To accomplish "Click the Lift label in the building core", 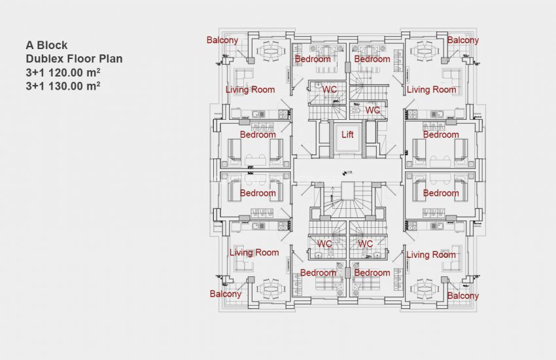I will [x=348, y=135].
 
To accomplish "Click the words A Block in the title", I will [x=46, y=46].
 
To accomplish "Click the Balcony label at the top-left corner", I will [x=222, y=40].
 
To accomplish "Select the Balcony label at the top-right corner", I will [x=463, y=40].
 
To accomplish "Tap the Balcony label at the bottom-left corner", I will [x=225, y=294].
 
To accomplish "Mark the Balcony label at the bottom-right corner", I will [x=463, y=296].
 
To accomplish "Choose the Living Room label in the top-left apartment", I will [x=250, y=90].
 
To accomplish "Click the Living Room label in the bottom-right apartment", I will [x=431, y=255].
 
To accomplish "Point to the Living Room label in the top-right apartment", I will [x=431, y=90].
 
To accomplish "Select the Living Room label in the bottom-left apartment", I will [x=254, y=253].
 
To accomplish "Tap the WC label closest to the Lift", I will [x=372, y=111].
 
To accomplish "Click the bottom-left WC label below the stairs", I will [x=324, y=244].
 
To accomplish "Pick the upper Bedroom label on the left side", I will [x=258, y=135].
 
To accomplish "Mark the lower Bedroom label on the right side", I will [x=441, y=193].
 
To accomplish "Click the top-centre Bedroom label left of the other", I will [x=313, y=59].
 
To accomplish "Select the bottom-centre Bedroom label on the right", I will [x=372, y=273].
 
